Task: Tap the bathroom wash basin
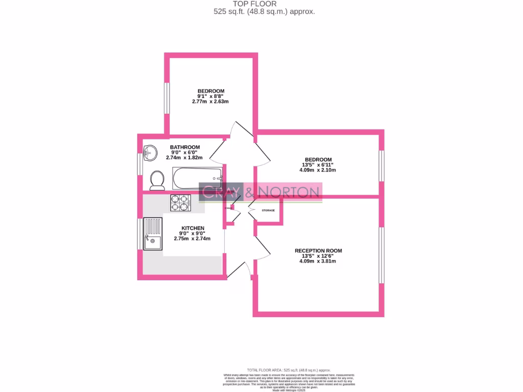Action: tap(150, 153)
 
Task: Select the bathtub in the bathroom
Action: tap(197, 178)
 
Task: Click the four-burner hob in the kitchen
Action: tap(180, 203)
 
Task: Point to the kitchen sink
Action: tap(153, 234)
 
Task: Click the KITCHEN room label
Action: tap(193, 228)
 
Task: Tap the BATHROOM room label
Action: tap(185, 147)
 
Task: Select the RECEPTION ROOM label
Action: tap(318, 251)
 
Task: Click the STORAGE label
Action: tap(268, 210)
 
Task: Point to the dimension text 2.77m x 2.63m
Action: tap(210, 102)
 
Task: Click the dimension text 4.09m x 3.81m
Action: tap(318, 261)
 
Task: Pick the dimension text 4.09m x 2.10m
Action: tap(317, 170)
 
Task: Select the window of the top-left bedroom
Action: tap(166, 97)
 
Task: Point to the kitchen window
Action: tap(139, 234)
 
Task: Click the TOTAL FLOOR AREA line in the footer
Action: tap(289, 370)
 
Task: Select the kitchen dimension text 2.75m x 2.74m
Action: tap(192, 238)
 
